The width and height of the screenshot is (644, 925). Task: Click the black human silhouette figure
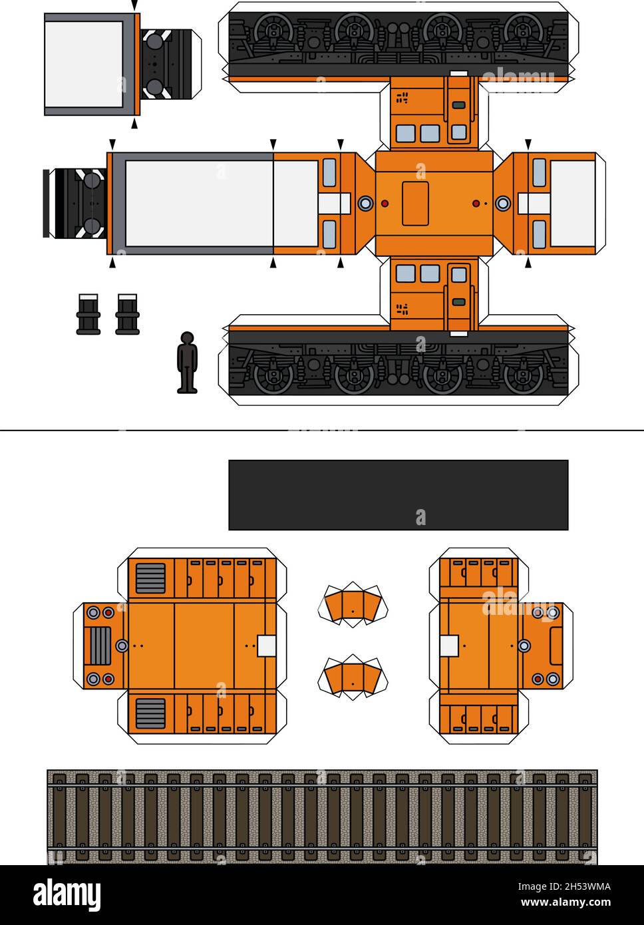coord(188,363)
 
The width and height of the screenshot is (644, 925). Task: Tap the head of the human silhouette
coord(188,338)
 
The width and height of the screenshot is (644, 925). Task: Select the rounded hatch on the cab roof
coord(415,204)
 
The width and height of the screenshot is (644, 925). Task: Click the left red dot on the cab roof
coord(385,203)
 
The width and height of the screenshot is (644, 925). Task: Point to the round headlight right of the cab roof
coord(503,203)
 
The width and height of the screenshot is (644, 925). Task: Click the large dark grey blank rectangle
coord(398,494)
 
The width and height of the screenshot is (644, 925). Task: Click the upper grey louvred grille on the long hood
coord(151,578)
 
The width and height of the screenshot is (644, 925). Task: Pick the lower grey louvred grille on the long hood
coord(151,713)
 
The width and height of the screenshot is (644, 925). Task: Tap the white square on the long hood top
coord(266,646)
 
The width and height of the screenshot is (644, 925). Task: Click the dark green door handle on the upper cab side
coord(458,105)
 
